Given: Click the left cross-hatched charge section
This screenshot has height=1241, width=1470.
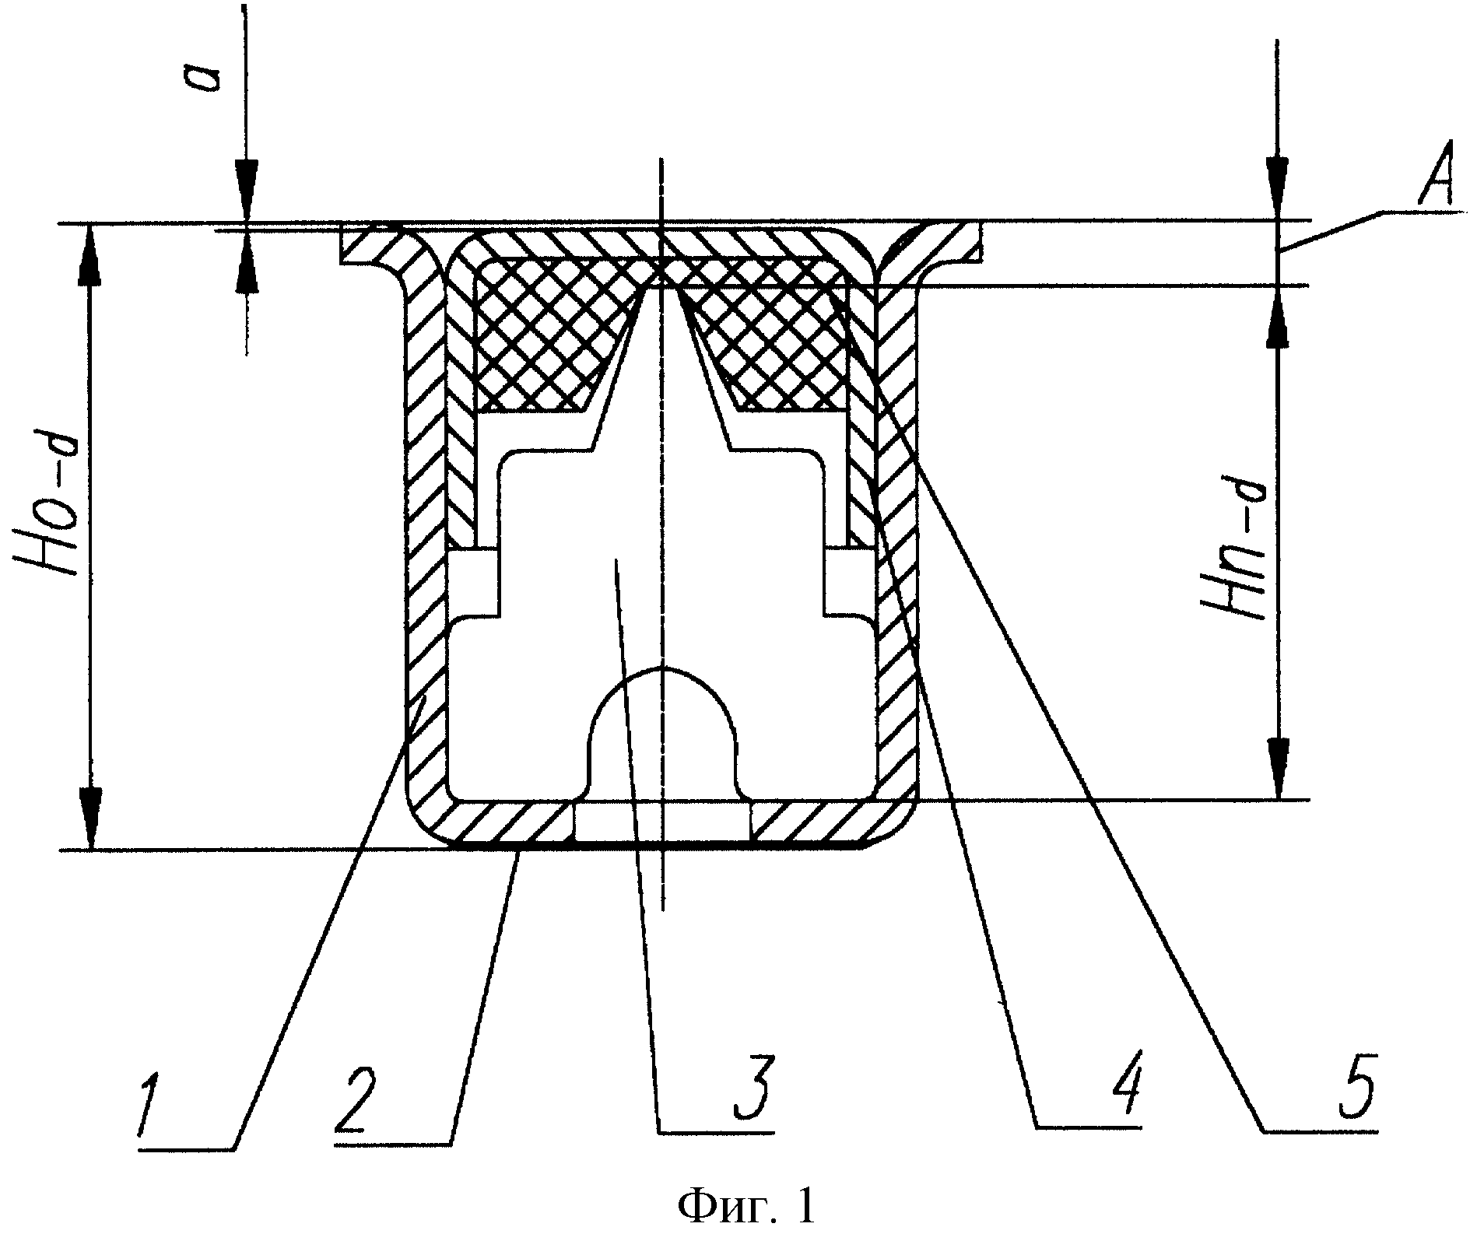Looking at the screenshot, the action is [561, 335].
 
